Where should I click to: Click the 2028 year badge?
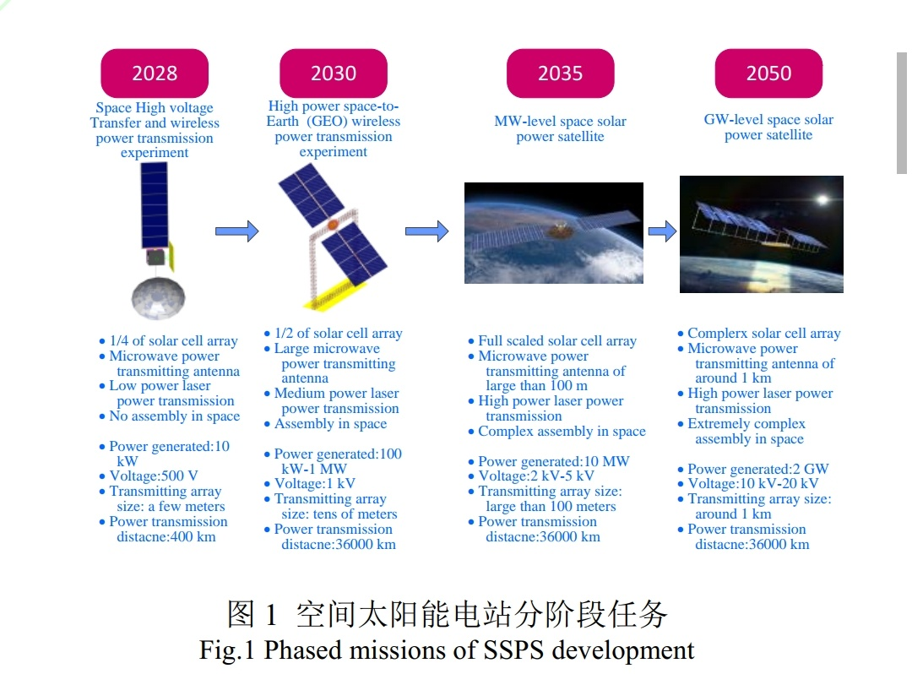[155, 73]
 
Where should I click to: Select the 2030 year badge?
[334, 73]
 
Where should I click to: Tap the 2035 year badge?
[560, 73]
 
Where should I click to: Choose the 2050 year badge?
[768, 73]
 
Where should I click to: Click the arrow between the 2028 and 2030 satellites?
[236, 231]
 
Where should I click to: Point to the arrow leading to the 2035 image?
[427, 231]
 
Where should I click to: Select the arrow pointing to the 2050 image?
[663, 231]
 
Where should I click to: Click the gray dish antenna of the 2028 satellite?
[158, 298]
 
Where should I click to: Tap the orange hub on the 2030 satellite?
[333, 225]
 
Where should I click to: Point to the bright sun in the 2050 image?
[822, 200]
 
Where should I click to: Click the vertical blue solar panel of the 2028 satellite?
[155, 205]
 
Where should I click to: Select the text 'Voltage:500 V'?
[154, 476]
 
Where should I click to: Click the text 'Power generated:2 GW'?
[757, 469]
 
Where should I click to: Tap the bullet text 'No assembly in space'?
[175, 416]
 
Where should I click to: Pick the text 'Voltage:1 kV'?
[315, 483]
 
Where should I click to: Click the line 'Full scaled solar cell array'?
[557, 340]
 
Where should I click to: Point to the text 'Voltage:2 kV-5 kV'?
[536, 476]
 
